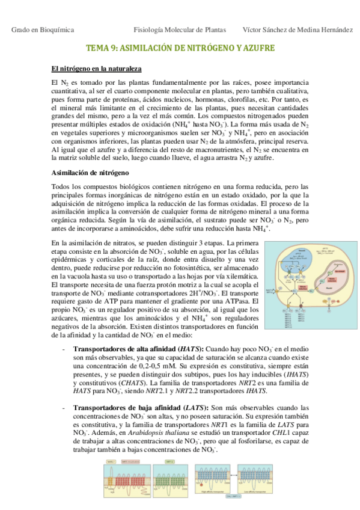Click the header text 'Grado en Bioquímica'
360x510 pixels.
coord(40,29)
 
